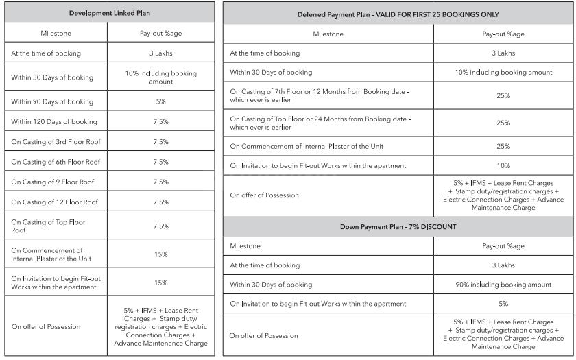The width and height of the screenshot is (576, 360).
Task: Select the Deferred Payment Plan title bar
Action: pyautogui.click(x=398, y=14)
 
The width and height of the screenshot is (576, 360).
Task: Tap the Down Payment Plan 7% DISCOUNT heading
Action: pyautogui.click(x=398, y=227)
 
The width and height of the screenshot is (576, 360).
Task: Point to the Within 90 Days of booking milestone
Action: pyautogui.click(x=52, y=101)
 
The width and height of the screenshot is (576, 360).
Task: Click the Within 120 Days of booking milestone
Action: pyautogui.click(x=54, y=122)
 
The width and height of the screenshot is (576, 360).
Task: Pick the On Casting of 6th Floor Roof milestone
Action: pyautogui.click(x=56, y=162)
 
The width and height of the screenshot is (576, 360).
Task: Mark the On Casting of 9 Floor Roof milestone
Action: pyautogui.click(x=53, y=182)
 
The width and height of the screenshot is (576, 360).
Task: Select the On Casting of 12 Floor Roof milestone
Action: pyautogui.click(x=54, y=202)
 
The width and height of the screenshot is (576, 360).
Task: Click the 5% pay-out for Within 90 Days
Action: pyautogui.click(x=160, y=101)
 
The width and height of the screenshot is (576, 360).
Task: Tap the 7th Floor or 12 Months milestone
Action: pyautogui.click(x=320, y=95)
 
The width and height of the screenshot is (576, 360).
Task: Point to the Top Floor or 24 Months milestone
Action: pyautogui.click(x=320, y=123)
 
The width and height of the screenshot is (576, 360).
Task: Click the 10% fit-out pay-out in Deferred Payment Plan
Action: pyautogui.click(x=503, y=165)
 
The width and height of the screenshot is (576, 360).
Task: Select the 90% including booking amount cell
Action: pyautogui.click(x=503, y=285)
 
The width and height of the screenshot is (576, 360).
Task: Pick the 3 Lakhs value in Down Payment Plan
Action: pyautogui.click(x=503, y=265)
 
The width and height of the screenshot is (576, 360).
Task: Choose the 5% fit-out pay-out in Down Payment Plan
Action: pyautogui.click(x=503, y=304)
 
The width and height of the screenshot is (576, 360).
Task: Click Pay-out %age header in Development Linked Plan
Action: pyautogui.click(x=160, y=33)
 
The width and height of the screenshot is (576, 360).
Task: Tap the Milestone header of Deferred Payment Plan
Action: pyautogui.click(x=328, y=34)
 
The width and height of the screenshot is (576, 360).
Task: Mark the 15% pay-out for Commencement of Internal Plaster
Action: pyautogui.click(x=160, y=254)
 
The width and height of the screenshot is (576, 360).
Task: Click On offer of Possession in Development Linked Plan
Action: pyautogui.click(x=46, y=327)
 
